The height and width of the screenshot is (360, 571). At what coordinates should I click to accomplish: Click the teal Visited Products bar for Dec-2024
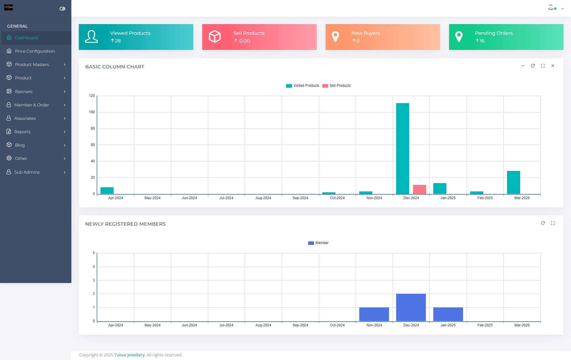point(402,148)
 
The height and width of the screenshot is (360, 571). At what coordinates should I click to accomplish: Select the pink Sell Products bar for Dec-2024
point(419,189)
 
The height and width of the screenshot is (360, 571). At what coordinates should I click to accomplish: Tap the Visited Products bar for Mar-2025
point(513,182)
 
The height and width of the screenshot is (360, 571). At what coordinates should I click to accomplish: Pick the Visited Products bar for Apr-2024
point(107,191)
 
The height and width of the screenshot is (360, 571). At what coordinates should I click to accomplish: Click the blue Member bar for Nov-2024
point(374,314)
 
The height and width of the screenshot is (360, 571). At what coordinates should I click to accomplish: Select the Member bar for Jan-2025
point(448,314)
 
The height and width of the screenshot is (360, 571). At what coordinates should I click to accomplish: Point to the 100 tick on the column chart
point(92,112)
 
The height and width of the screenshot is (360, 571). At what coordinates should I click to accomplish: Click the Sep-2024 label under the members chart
point(300,325)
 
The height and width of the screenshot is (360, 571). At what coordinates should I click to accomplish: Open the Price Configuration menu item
point(35,51)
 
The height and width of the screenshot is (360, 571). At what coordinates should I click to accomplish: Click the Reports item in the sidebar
point(23,132)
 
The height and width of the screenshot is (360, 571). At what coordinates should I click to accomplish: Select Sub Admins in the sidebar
point(27,172)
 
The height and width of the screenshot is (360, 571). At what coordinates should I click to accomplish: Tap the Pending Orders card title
point(494,33)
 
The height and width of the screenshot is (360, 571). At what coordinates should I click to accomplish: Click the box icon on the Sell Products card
point(215,37)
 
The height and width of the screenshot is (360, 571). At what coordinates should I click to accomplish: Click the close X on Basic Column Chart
point(553,66)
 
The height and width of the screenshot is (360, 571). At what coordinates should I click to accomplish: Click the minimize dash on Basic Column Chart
point(523,66)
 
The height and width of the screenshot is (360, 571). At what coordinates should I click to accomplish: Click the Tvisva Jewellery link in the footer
point(129,355)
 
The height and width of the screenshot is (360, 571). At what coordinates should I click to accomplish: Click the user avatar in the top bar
point(551,8)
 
